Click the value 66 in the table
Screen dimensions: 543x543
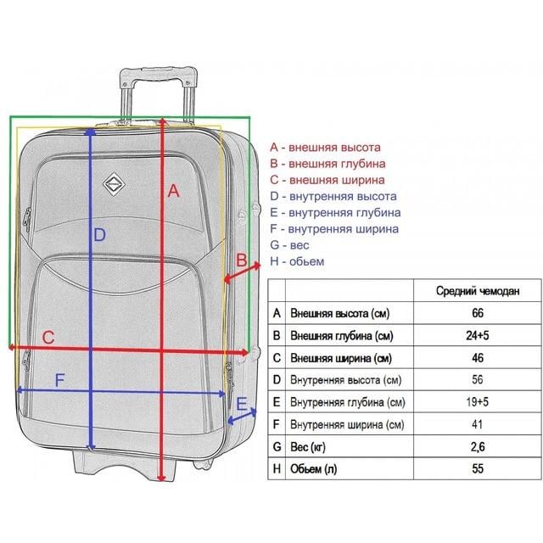pos(477,313)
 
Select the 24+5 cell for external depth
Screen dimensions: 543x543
pos(477,335)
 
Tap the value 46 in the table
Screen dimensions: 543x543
pos(477,357)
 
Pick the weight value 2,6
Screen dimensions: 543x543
pos(477,447)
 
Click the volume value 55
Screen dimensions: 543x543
pos(477,468)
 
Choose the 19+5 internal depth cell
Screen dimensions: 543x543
pos(477,401)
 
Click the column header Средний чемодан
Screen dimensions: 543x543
pos(478,291)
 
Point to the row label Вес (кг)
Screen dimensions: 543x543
pos(307,447)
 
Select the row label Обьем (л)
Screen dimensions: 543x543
pos(313,469)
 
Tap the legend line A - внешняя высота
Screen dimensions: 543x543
pos(325,147)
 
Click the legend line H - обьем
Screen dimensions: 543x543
pos(297,261)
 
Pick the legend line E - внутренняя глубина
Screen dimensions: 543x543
pos(335,212)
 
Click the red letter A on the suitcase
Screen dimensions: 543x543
pos(173,191)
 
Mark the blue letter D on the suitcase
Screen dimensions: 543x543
pos(99,235)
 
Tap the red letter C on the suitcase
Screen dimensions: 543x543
pos(48,338)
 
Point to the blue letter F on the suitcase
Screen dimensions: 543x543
pos(60,380)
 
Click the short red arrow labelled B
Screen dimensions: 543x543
pos(242,272)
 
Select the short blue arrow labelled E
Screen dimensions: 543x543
pos(242,417)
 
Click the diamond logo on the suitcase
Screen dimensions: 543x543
pos(114,184)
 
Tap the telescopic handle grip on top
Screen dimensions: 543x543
pos(159,74)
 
